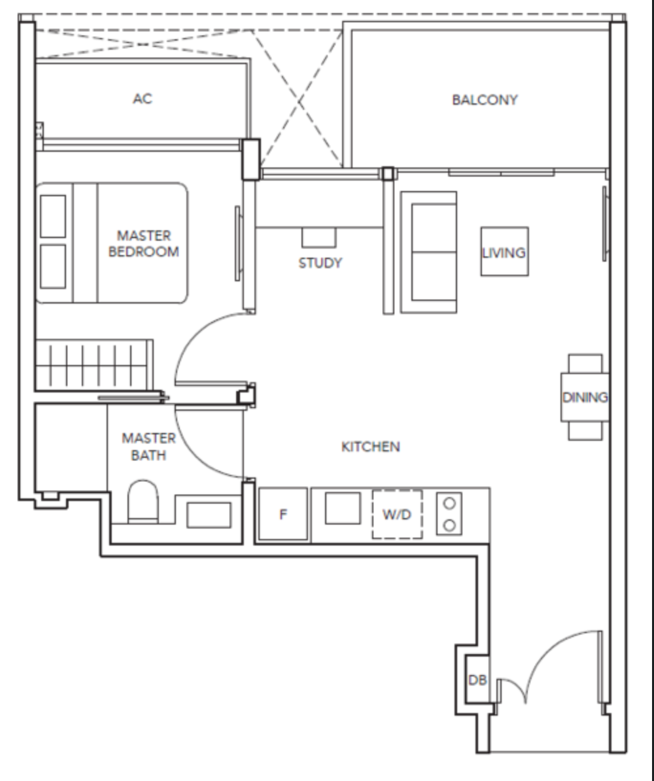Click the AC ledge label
click(x=143, y=99)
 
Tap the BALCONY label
click(x=485, y=99)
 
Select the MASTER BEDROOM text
click(x=143, y=243)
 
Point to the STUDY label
click(x=320, y=262)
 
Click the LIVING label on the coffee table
click(x=504, y=252)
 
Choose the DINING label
click(x=585, y=397)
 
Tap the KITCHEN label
click(x=371, y=446)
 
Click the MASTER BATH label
click(x=148, y=446)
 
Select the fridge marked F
click(x=283, y=514)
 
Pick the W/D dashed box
click(x=397, y=514)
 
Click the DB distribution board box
click(x=477, y=680)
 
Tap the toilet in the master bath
click(x=143, y=501)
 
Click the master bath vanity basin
click(x=209, y=515)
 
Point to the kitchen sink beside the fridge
click(x=343, y=508)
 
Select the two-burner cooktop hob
click(x=449, y=514)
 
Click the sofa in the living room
click(x=429, y=252)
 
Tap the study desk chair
click(x=318, y=237)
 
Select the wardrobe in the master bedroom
click(x=94, y=365)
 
